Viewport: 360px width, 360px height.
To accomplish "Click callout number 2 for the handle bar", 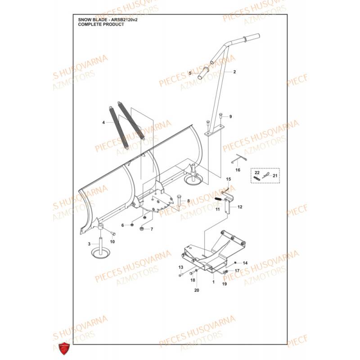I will tap(234, 72).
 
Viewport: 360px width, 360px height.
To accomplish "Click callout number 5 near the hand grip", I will tap(190, 73).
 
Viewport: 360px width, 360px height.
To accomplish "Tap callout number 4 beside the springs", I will tap(103, 122).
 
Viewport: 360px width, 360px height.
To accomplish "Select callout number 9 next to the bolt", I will tap(230, 117).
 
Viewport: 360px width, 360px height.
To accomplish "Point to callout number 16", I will tap(238, 170).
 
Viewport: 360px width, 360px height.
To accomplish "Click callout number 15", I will tap(228, 179).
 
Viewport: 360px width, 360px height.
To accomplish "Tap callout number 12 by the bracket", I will tap(240, 207).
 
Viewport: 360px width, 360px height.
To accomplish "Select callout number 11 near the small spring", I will tap(217, 210).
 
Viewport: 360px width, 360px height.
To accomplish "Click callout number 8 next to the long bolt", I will tap(189, 201).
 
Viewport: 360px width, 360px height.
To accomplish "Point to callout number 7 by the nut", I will tap(152, 229).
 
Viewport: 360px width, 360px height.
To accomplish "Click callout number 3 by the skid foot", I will tap(90, 243).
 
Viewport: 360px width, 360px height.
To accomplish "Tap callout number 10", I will tap(112, 242).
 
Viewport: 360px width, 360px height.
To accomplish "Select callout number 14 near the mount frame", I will tap(245, 263).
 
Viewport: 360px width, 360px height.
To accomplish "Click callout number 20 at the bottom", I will tap(196, 290).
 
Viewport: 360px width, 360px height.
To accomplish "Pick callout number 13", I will tap(180, 268).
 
